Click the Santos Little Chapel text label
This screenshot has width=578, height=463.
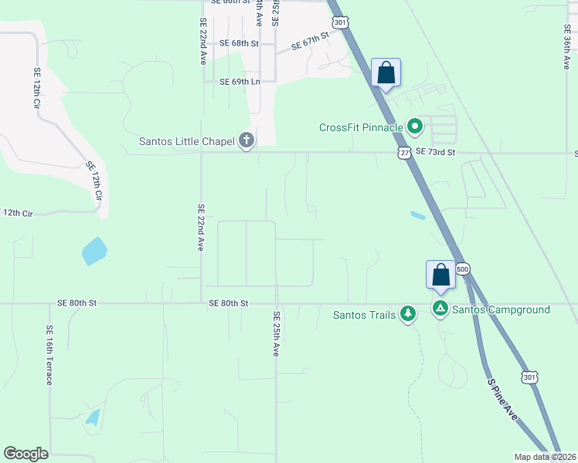pos(188,140)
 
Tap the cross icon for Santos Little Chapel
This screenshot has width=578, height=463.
pos(246,140)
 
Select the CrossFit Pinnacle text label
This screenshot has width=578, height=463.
pos(362,127)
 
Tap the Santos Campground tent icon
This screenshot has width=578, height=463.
pos(440,309)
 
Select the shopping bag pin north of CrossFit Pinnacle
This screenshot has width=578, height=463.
pos(386,73)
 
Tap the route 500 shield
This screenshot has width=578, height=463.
pos(463,269)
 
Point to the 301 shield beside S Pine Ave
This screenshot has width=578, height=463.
pos(529,377)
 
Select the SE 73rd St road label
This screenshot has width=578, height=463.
pos(436,153)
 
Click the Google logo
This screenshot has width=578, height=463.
pos(26,454)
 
